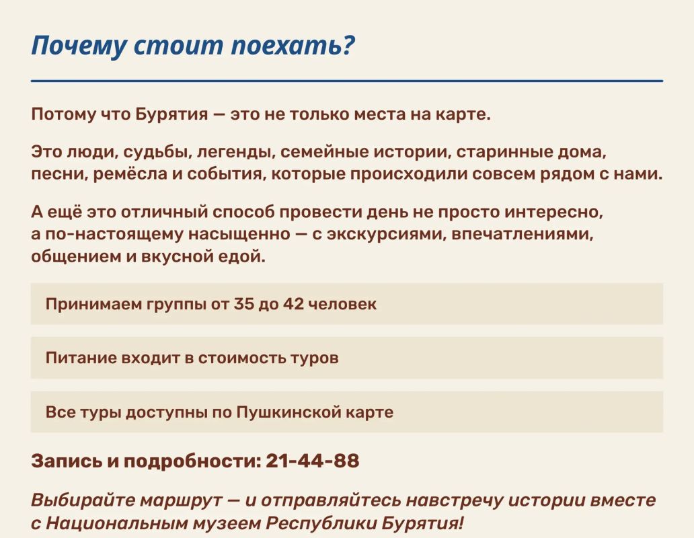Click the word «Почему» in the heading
[x=79, y=46]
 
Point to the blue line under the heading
[x=347, y=81]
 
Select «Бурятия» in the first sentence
[x=171, y=114]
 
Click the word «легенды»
[x=235, y=153]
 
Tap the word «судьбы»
[x=157, y=153]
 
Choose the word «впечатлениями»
[x=523, y=233]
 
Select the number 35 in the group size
[x=243, y=305]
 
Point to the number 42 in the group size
[x=293, y=305]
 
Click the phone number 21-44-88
[x=313, y=461]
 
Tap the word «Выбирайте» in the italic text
[x=83, y=500]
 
